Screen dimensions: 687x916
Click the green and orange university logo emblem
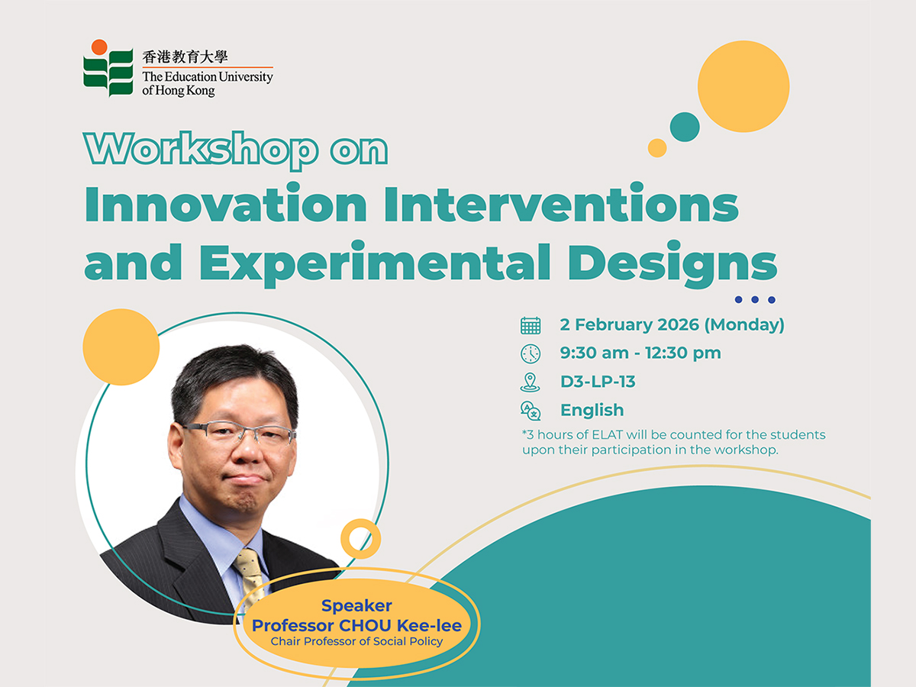click(108, 68)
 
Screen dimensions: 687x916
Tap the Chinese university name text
click(185, 56)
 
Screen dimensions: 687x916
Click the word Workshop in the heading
click(202, 150)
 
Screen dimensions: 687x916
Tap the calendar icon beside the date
click(531, 325)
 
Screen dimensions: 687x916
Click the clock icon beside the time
click(531, 353)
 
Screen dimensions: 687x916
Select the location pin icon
click(531, 382)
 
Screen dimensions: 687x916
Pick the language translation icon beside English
click(531, 411)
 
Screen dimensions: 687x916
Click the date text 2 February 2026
click(630, 324)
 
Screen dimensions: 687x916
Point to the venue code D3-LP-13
click(598, 382)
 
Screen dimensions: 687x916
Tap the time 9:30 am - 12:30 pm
click(640, 353)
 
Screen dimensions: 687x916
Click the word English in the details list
click(592, 411)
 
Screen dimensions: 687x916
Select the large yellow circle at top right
click(743, 86)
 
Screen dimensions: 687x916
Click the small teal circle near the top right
click(685, 127)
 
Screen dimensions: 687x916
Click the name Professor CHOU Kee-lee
click(356, 625)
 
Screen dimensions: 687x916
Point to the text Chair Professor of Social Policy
click(356, 642)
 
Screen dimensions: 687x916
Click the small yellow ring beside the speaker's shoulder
click(360, 538)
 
